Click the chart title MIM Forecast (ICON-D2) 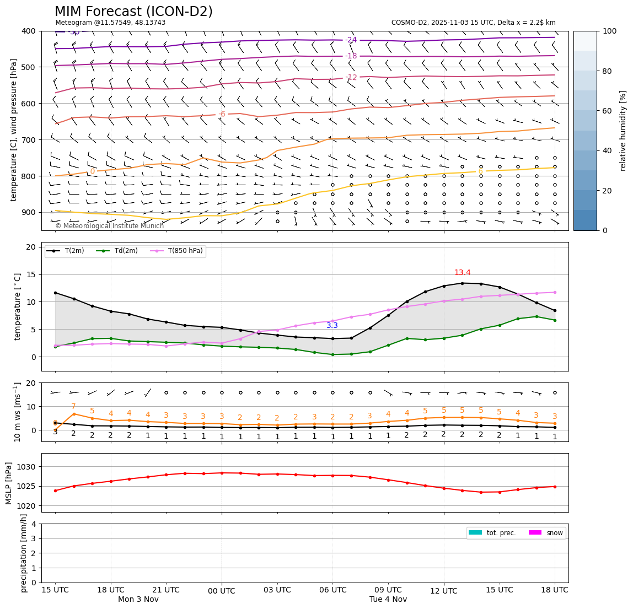pos(133,12)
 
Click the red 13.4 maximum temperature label pos(462,273)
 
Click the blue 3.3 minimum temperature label pos(332,326)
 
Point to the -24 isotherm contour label pos(351,40)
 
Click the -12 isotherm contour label pos(351,78)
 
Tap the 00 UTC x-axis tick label pos(222,591)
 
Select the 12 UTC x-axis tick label pos(444,591)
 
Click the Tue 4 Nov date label pos(388,600)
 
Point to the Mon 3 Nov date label pos(138,600)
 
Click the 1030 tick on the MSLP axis pos(28,467)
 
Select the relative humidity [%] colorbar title pos(624,131)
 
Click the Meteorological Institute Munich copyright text pos(109,226)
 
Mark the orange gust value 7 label pos(73,407)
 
